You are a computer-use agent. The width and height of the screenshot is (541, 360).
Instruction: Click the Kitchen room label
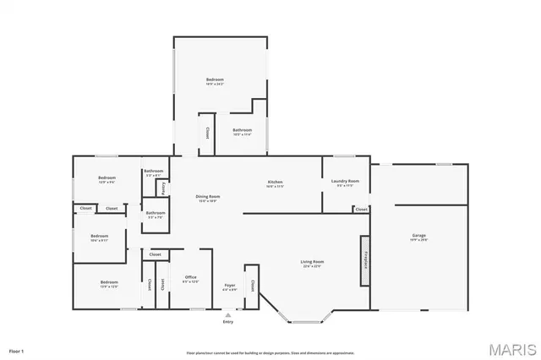click(275, 183)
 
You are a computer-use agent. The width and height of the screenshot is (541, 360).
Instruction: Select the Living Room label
click(312, 262)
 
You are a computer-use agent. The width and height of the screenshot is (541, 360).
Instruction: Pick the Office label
click(190, 277)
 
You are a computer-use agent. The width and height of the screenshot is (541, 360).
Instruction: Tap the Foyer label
click(229, 286)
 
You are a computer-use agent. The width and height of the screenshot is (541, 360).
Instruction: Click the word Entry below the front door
click(228, 322)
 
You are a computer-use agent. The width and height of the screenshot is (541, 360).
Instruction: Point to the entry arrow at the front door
click(228, 314)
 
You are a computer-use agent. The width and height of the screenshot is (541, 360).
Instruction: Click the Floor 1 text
click(16, 350)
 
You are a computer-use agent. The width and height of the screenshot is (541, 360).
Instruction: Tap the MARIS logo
click(511, 349)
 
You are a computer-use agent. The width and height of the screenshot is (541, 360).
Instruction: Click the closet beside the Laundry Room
click(361, 209)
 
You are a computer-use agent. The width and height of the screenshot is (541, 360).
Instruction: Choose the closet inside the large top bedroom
click(205, 133)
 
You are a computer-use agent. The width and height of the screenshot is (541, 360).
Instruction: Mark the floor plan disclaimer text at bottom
click(270, 353)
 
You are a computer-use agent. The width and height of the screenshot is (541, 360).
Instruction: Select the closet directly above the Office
click(156, 254)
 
